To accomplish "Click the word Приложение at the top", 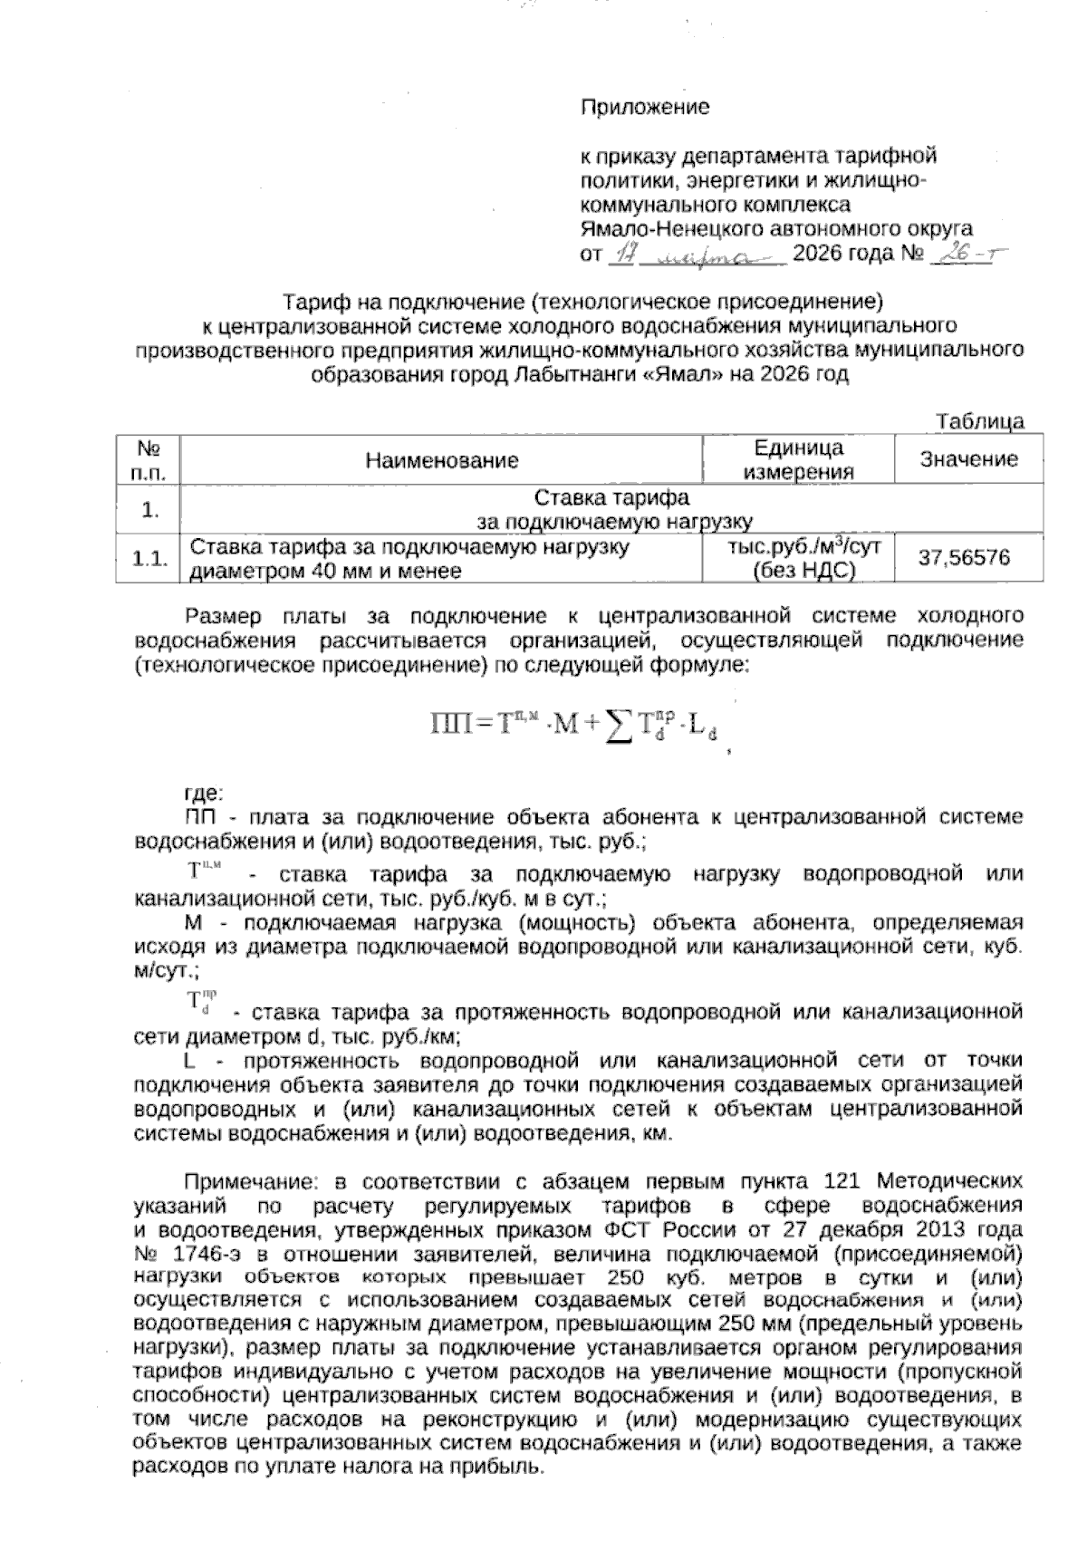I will point(645,108).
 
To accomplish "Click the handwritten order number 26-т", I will point(967,255).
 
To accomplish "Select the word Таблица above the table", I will point(981,421).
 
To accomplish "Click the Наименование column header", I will point(442,460).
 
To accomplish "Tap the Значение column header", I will point(968,459).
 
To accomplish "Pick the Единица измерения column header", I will point(798,459).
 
